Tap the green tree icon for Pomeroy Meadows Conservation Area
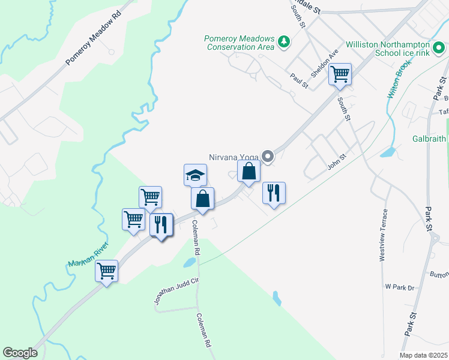coord(283,42)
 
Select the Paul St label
coord(298,80)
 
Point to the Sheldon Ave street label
coord(325,62)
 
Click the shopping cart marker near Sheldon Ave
coord(340,74)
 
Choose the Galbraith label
coord(429,139)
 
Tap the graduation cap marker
coord(195,175)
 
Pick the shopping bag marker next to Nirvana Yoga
coord(249,172)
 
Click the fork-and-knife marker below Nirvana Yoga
coord(274,193)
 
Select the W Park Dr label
coord(400,287)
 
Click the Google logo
coord(20,353)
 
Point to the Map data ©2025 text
coord(423,355)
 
